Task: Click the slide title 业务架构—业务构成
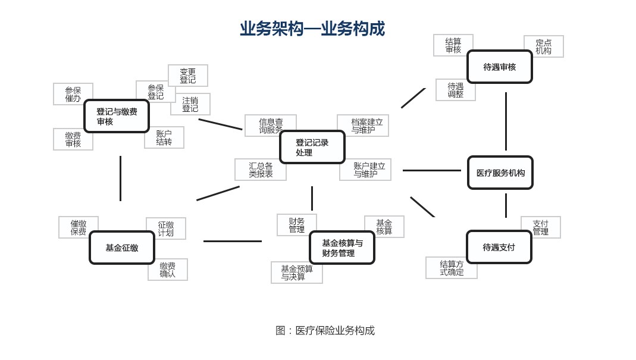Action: coord(312,29)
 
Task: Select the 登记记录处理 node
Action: coord(312,147)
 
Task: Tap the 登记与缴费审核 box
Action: coord(117,116)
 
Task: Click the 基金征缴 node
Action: coord(122,248)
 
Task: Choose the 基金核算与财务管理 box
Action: coord(342,248)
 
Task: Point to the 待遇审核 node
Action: coord(500,67)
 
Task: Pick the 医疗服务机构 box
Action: coord(500,173)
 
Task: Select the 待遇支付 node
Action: coord(499,247)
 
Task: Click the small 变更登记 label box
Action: coord(188,76)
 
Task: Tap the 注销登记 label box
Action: coord(190,104)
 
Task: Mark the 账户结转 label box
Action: coord(164,137)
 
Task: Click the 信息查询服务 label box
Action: coord(271,126)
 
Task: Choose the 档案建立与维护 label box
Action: coord(363,126)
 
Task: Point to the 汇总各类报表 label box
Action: coord(261,170)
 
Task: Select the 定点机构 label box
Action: coord(544,46)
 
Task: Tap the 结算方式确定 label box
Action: coord(452,268)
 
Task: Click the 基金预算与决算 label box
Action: coord(297,273)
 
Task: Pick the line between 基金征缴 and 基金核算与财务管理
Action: coord(232,241)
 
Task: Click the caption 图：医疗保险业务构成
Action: coord(325,330)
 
